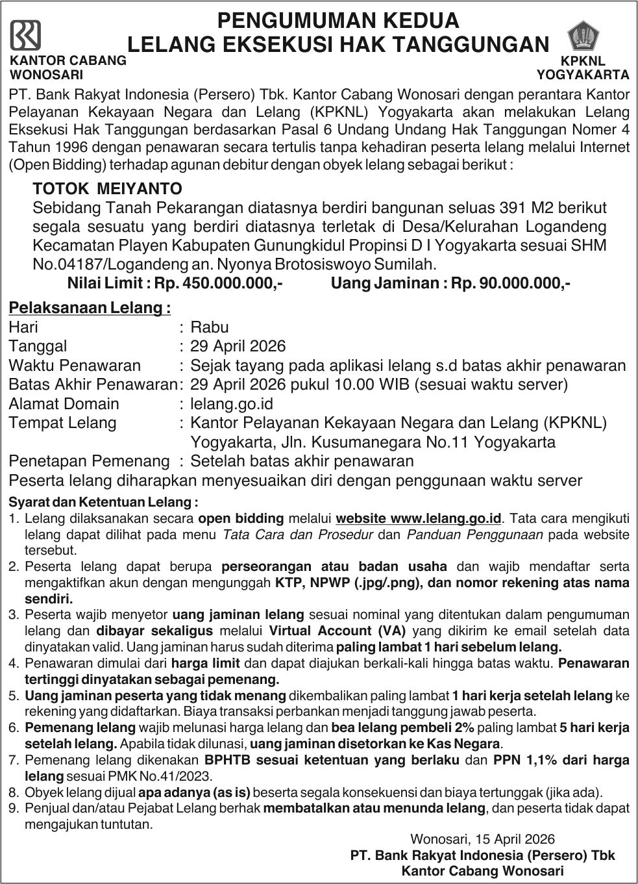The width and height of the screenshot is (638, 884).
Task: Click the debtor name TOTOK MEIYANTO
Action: [x=108, y=189]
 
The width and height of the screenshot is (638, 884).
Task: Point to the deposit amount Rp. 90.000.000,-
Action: [x=511, y=284]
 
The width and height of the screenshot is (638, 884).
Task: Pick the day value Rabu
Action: [x=210, y=327]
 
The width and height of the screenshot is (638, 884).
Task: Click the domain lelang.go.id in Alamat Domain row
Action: [x=232, y=403]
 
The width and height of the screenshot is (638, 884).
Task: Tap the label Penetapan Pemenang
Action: [x=89, y=461]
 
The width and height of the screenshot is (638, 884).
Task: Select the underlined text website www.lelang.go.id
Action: [x=419, y=518]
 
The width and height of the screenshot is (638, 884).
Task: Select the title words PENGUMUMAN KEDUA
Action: [x=337, y=21]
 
